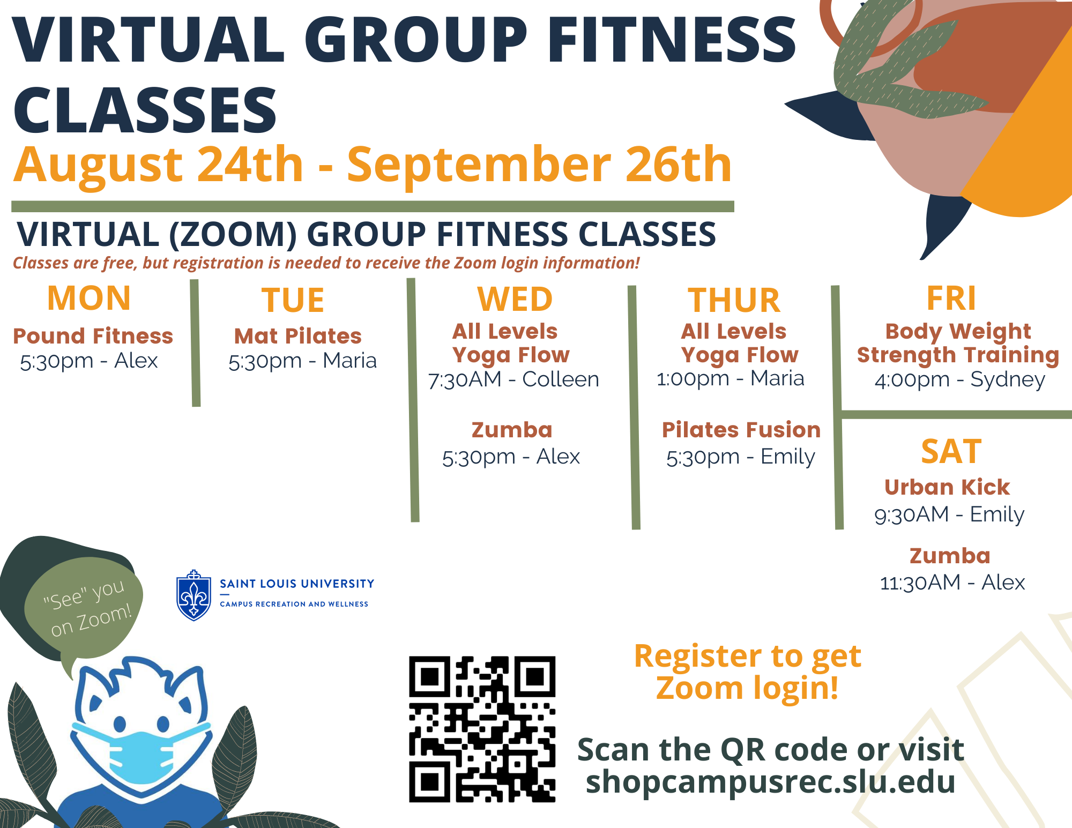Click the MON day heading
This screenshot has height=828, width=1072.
(89, 298)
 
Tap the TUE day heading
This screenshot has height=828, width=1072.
(293, 300)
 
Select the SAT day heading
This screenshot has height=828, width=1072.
(951, 452)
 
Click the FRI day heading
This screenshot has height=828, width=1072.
(951, 298)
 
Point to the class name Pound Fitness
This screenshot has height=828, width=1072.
(93, 336)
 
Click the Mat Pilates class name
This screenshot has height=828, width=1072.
(298, 336)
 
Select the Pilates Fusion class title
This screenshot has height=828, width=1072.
(741, 430)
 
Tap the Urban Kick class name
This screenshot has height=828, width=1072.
(947, 487)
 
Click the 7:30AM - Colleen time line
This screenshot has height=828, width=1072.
(513, 379)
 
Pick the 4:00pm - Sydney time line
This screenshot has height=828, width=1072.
(960, 379)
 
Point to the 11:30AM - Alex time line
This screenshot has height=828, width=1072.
(952, 583)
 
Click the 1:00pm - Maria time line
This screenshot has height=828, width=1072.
(731, 378)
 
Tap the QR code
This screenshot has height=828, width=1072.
(482, 729)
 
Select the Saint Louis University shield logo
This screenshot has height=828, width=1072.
(193, 595)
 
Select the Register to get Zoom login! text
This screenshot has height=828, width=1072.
(748, 673)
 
